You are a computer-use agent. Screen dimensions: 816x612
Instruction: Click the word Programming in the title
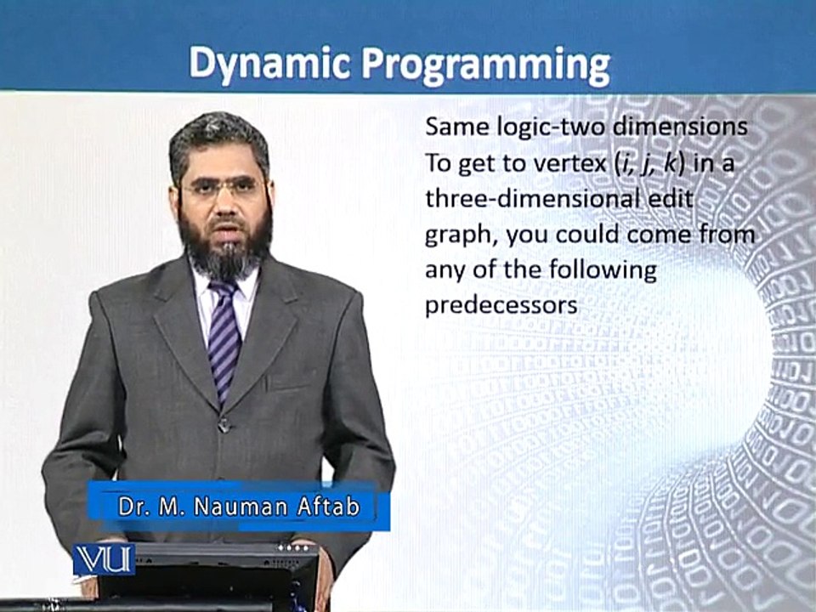click(x=486, y=66)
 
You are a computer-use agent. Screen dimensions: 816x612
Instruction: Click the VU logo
click(x=104, y=559)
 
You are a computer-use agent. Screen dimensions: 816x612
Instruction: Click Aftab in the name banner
click(x=329, y=507)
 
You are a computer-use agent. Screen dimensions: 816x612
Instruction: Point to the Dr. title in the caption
click(x=132, y=507)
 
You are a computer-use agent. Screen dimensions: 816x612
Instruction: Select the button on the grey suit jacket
click(x=224, y=426)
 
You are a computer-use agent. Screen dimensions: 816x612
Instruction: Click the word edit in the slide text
click(x=676, y=199)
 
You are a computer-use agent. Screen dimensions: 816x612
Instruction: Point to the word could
click(x=588, y=235)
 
